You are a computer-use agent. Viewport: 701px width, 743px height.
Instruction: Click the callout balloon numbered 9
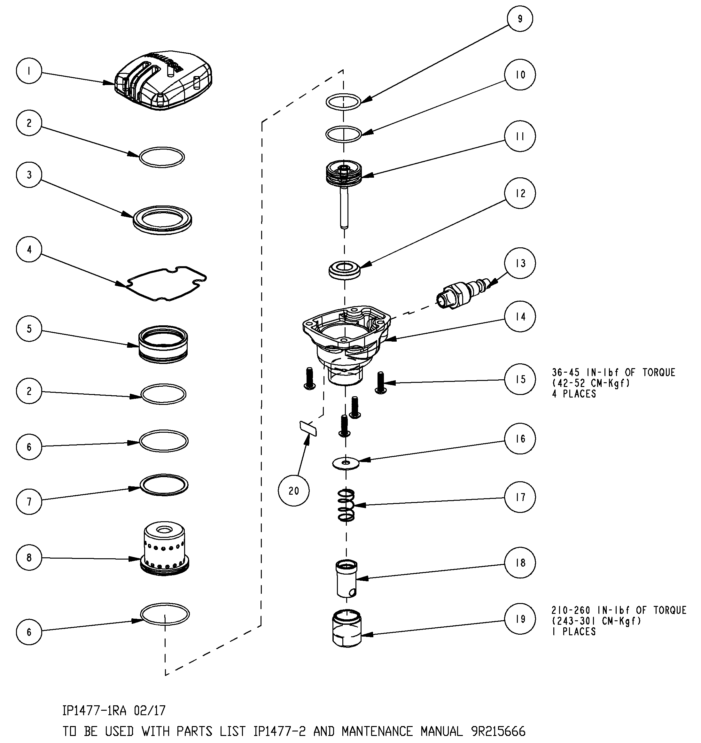pos(520,19)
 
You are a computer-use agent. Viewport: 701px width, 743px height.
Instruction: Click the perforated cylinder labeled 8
pos(165,549)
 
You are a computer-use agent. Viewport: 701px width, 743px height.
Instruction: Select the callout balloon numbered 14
pos(520,317)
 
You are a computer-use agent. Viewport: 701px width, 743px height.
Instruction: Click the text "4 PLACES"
pos(574,394)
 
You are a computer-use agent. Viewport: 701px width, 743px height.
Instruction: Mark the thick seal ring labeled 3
pos(163,220)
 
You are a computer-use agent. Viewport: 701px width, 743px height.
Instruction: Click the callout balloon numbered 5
pos(29,329)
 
